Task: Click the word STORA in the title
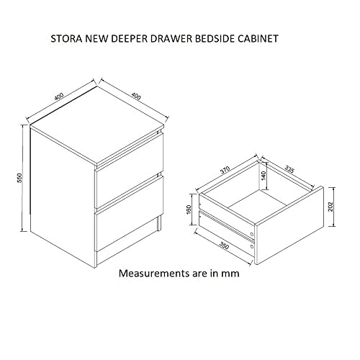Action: tap(66, 39)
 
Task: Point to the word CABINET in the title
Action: tap(258, 39)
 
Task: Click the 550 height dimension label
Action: tap(19, 178)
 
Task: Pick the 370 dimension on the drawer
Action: tap(225, 170)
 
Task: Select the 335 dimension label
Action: tap(289, 168)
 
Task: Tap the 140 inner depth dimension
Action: tap(264, 176)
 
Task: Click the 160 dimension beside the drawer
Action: tap(189, 210)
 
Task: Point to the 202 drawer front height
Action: tap(330, 207)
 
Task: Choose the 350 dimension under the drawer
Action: tap(225, 246)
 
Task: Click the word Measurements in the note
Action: tap(150, 274)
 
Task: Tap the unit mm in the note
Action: tap(230, 274)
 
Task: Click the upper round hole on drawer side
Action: tap(251, 234)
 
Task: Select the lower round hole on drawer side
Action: tap(251, 246)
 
